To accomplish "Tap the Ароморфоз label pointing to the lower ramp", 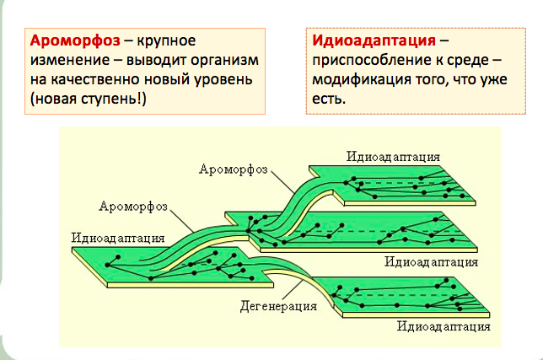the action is coord(134,205).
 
